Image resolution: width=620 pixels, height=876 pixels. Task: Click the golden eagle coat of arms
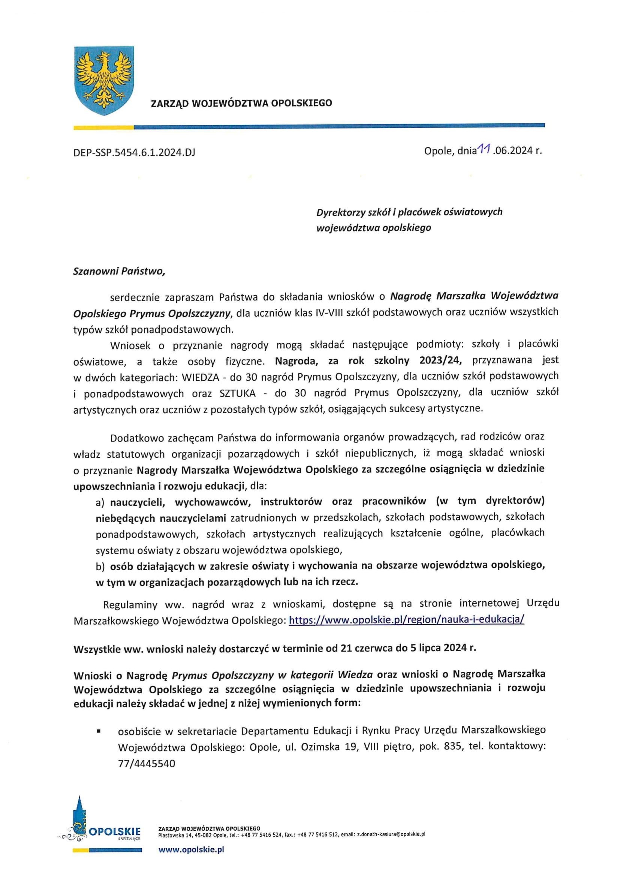pos(104,81)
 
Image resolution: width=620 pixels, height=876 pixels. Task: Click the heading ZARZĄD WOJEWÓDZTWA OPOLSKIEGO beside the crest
pos(241,103)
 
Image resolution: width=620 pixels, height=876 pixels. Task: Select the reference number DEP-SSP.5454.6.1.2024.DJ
pos(135,152)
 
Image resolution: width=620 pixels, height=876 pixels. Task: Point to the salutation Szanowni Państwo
pos(119,271)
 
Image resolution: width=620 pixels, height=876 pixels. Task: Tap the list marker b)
pos(100,567)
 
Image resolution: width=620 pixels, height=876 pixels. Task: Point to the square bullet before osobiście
pos(99,732)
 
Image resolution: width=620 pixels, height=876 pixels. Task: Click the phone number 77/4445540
pos(147,764)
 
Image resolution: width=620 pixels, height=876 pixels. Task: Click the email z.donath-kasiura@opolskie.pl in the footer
pos(391,834)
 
